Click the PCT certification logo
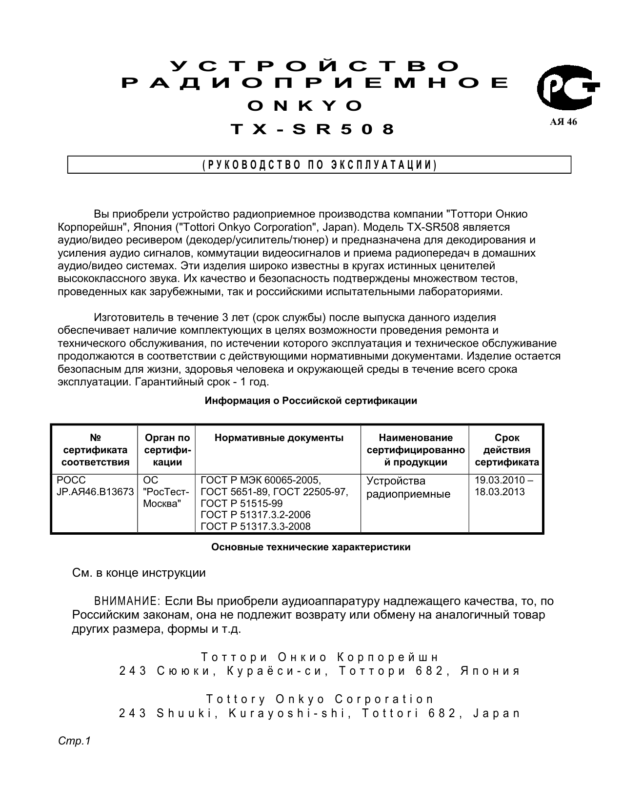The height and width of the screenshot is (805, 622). pos(567,88)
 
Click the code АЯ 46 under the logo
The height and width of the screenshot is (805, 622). pos(563,122)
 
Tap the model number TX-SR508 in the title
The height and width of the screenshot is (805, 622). pos(312,129)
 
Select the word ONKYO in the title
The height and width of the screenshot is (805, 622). pos(305,105)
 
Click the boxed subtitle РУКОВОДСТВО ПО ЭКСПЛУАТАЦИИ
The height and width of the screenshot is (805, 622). pos(319,165)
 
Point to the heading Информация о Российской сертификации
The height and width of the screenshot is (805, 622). pos(311,401)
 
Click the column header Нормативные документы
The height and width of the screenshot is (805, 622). pos(279,438)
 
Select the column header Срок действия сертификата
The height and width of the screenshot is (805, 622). pos(507,450)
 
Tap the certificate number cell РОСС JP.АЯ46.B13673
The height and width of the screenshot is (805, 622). pos(95,486)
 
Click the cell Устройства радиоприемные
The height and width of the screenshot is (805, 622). pos(408,487)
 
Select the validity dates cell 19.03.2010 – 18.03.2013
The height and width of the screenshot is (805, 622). pos(504,486)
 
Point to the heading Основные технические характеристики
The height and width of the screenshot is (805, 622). pos(311,547)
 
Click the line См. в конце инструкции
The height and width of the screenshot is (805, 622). pos(139,573)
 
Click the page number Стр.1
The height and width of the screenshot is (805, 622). pos(75,741)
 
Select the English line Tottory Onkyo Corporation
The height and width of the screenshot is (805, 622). pos(320,700)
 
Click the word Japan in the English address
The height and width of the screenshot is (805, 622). pos(497,713)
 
